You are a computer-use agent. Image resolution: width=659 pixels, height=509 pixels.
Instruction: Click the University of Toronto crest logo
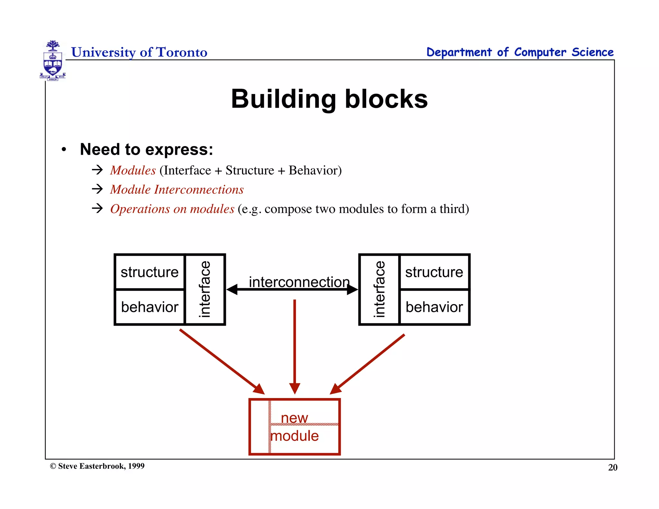coord(53,60)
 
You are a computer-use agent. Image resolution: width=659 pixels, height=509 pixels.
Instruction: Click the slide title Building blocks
coord(329,99)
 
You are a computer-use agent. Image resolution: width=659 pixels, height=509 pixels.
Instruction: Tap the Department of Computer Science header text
coord(520,52)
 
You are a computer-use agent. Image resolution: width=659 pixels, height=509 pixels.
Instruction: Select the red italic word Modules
coord(133,170)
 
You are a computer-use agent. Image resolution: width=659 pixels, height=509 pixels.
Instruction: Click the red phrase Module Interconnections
coord(177,190)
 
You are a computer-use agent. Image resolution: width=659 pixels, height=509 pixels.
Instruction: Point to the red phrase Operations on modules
coord(172,209)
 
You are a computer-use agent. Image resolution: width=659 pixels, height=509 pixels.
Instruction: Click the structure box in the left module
coord(150,272)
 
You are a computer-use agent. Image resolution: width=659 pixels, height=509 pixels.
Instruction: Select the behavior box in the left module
coord(150,307)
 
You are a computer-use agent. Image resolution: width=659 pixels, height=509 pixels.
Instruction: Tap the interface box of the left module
coord(205,289)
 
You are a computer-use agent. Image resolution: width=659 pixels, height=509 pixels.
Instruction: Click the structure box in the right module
coord(434,272)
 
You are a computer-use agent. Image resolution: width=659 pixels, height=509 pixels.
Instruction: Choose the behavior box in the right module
coord(434,307)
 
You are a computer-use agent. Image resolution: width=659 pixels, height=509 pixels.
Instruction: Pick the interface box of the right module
coord(379,289)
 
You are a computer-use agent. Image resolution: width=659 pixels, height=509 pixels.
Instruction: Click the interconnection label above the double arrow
coord(299,282)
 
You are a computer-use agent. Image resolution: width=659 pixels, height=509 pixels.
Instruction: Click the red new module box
coord(294,427)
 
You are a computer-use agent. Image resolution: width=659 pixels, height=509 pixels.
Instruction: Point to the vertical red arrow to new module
coord(294,344)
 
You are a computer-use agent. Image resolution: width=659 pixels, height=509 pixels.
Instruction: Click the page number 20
coord(612,467)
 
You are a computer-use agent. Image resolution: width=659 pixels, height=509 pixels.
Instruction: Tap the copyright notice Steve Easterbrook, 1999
coord(97,466)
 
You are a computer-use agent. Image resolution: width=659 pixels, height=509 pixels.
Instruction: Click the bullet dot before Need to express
coord(64,149)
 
